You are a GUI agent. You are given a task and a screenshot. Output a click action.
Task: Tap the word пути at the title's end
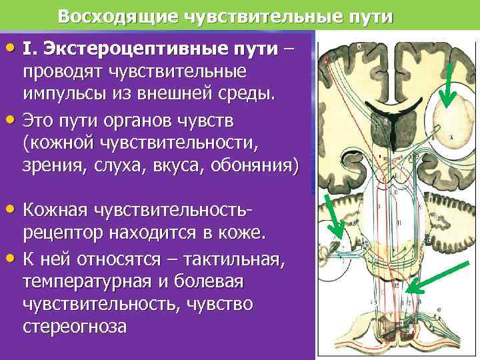(x=369, y=16)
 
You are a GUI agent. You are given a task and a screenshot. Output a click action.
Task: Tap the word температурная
(x=74, y=282)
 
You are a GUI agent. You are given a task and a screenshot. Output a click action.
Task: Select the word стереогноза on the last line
(x=74, y=327)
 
